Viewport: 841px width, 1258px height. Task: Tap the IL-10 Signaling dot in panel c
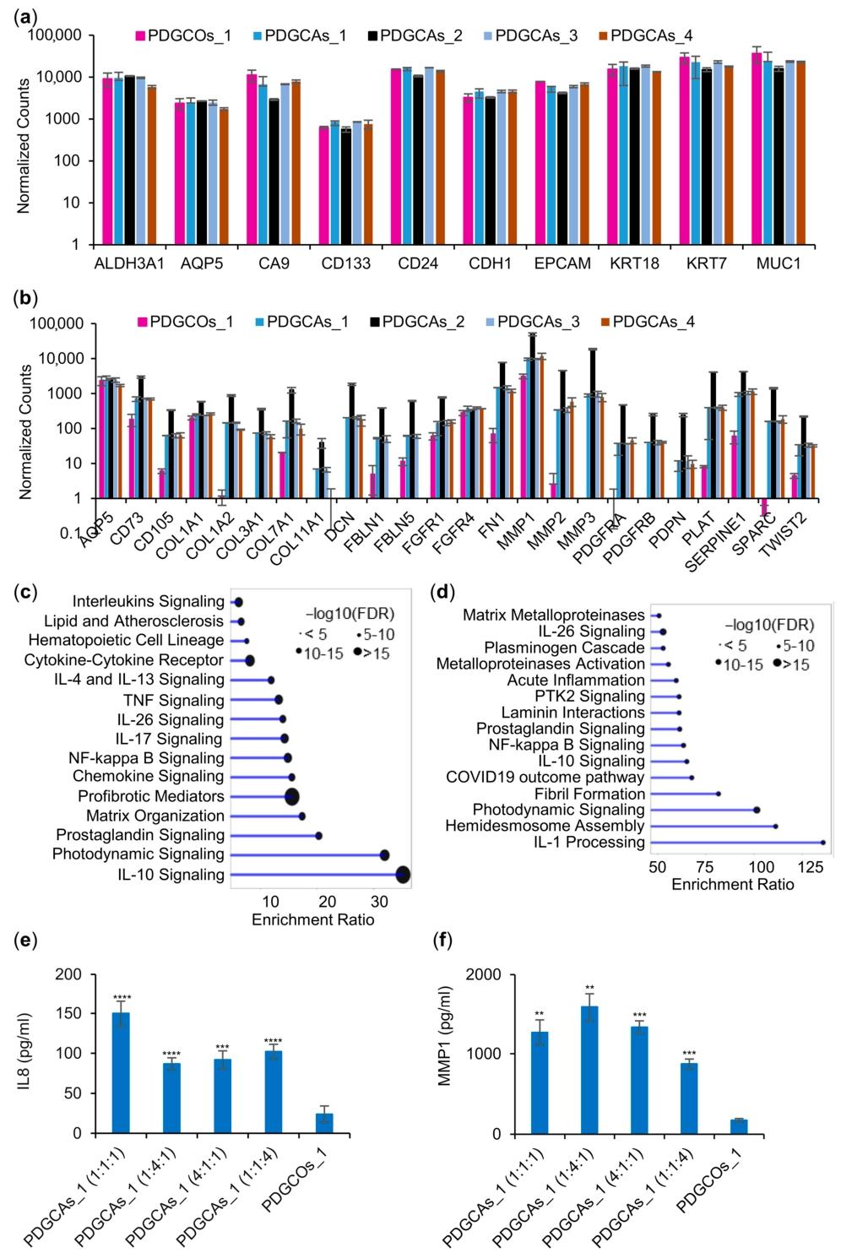pyautogui.click(x=403, y=875)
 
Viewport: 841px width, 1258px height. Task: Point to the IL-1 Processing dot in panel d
pyautogui.click(x=822, y=842)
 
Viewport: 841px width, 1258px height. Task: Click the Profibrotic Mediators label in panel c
pyautogui.click(x=151, y=796)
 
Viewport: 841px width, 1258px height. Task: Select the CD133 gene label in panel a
pyautogui.click(x=346, y=265)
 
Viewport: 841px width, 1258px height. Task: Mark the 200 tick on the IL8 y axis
pyautogui.click(x=75, y=974)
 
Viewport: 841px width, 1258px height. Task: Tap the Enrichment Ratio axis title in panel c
pyautogui.click(x=312, y=919)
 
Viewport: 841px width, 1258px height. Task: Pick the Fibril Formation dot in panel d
pyautogui.click(x=718, y=794)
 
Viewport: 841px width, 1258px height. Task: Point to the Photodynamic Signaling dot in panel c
pyautogui.click(x=384, y=855)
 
